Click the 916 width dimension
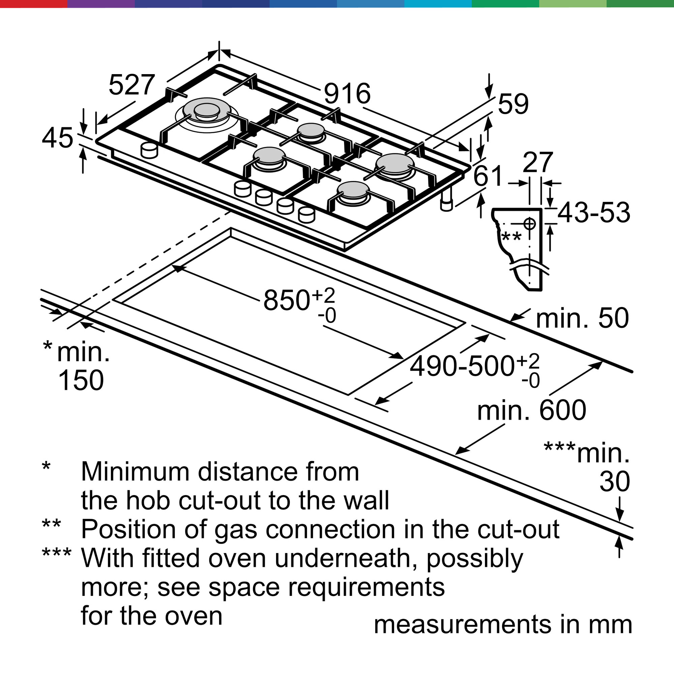347,93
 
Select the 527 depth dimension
131,85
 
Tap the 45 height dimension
58,138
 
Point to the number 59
513,103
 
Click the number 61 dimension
488,176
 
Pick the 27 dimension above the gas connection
538,162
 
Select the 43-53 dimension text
594,212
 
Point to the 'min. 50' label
582,318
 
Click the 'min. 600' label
531,410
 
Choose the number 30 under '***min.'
615,482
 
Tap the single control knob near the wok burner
149,150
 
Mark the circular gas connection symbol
529,223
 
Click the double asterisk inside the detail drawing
512,237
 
